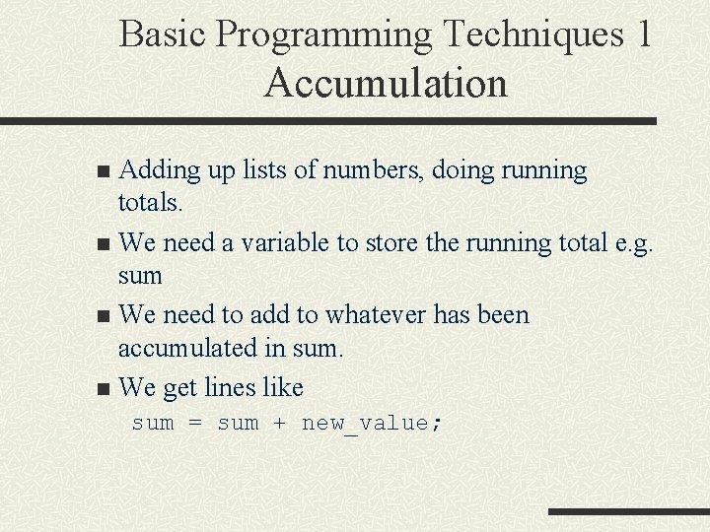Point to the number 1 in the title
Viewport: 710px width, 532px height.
pyautogui.click(x=644, y=34)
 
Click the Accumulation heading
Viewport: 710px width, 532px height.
pyautogui.click(x=386, y=83)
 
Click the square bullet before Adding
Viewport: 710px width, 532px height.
pyautogui.click(x=106, y=172)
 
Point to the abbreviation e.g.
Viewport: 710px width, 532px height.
pyautogui.click(x=631, y=243)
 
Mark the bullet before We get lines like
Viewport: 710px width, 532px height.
pyautogui.click(x=106, y=388)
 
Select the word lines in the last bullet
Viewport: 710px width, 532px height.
pyautogui.click(x=232, y=386)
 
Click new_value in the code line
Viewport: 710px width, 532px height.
pyautogui.click(x=365, y=424)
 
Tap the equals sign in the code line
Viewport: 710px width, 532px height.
pyautogui.click(x=195, y=424)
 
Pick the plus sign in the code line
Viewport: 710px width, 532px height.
pyautogui.click(x=280, y=424)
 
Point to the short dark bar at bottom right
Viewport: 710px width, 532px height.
pyautogui.click(x=628, y=511)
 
